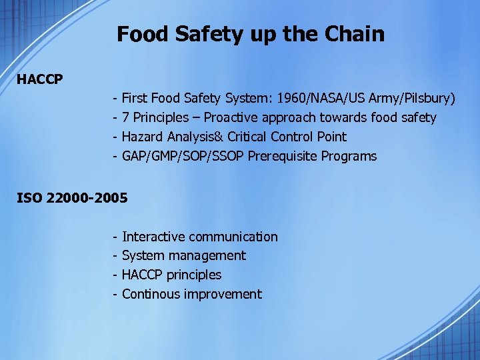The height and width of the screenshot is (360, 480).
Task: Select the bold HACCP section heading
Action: (x=40, y=80)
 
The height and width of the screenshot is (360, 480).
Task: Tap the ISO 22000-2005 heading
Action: (x=71, y=198)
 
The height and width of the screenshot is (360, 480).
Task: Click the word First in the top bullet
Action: (x=135, y=99)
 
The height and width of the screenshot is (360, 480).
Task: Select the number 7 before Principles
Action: (x=126, y=118)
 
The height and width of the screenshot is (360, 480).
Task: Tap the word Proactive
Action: (x=233, y=118)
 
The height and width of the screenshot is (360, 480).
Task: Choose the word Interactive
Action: (x=153, y=237)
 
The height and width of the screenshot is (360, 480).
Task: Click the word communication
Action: (x=233, y=237)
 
